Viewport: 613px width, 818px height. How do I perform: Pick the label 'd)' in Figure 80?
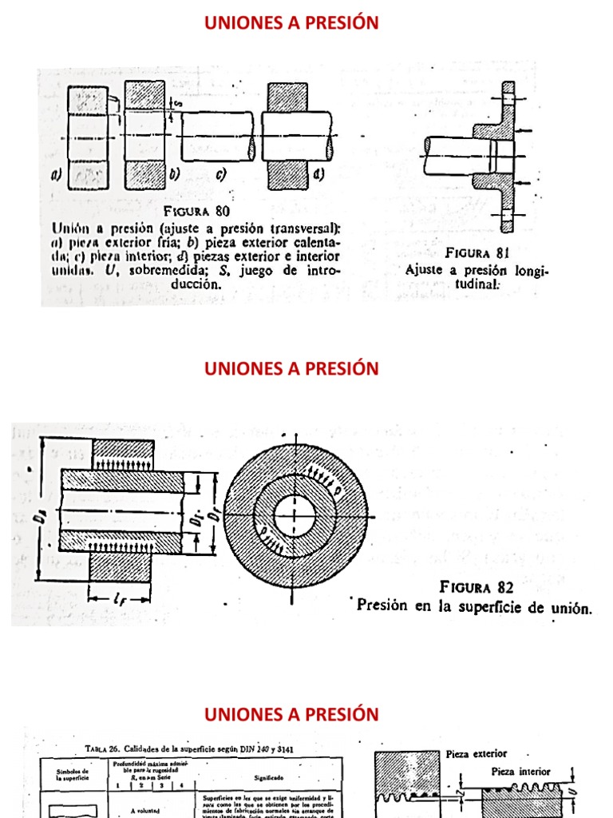pos(317,175)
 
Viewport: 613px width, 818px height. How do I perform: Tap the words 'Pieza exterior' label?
pos(476,753)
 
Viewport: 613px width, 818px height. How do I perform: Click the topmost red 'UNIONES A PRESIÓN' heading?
pos(291,23)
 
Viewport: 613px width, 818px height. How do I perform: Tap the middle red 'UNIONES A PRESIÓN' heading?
pos(291,368)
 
